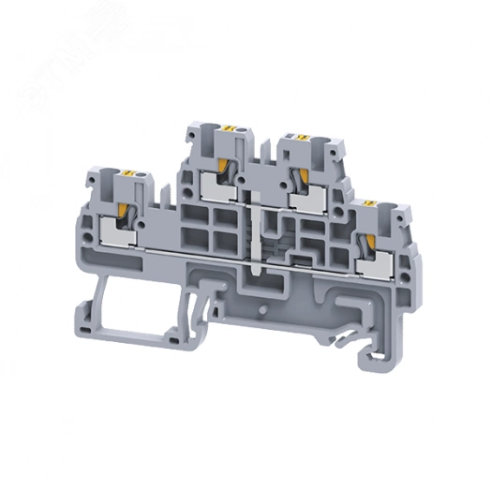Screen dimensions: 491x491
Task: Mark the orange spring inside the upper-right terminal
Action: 301,174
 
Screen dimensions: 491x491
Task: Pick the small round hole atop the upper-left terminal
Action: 237,126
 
